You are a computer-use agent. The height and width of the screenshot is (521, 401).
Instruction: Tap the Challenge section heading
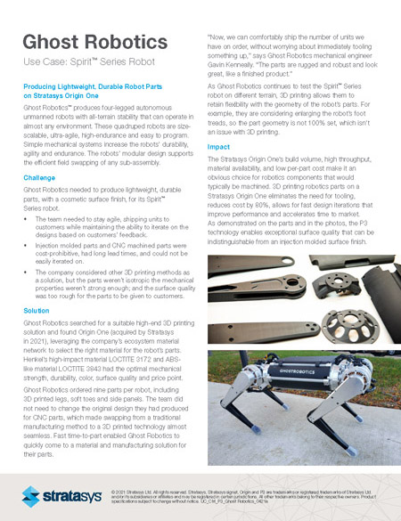[41, 176]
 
